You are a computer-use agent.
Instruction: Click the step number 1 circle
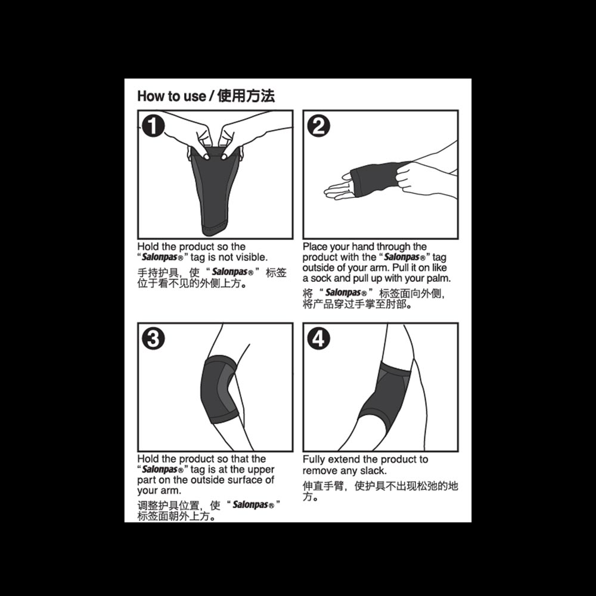click(x=153, y=126)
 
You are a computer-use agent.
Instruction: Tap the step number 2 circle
click(x=318, y=126)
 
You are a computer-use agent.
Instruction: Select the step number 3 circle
click(x=153, y=339)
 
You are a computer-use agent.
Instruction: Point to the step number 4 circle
click(x=318, y=339)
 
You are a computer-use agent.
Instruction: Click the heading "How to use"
click(x=171, y=96)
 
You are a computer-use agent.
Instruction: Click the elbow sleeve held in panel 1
click(x=215, y=190)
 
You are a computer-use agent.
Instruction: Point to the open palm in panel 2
click(x=339, y=187)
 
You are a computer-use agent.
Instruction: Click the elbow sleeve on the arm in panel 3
click(x=220, y=390)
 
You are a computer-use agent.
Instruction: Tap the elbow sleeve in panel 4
click(x=384, y=399)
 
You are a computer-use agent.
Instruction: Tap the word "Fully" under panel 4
click(x=313, y=460)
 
